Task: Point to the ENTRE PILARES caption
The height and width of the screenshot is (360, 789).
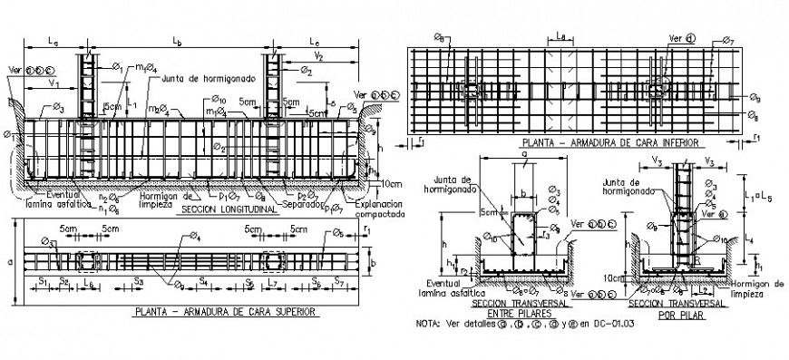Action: pyautogui.click(x=515, y=313)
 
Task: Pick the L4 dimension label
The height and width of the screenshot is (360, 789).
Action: pyautogui.click(x=748, y=237)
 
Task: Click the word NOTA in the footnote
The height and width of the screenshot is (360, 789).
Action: pyautogui.click(x=426, y=323)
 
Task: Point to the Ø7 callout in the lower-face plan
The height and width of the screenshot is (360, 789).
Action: pyautogui.click(x=727, y=41)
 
